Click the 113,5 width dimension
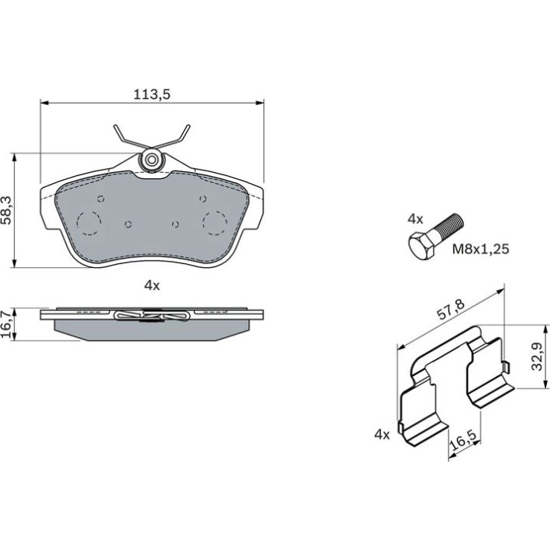pyautogui.click(x=152, y=94)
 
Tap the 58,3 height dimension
pyautogui.click(x=7, y=210)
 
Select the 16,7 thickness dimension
pyautogui.click(x=7, y=324)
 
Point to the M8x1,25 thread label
pyautogui.click(x=480, y=249)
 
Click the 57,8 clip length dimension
pyautogui.click(x=451, y=310)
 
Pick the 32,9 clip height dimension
pyautogui.click(x=537, y=357)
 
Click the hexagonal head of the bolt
pyautogui.click(x=423, y=245)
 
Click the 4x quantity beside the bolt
pyautogui.click(x=415, y=219)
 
